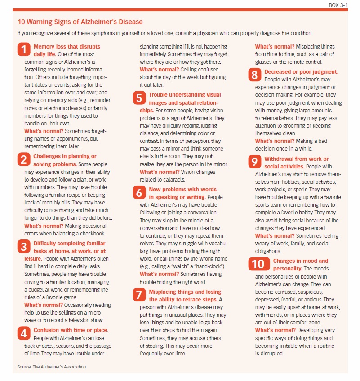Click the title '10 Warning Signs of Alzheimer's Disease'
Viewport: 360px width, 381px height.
coord(80,22)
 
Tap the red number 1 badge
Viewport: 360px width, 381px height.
coord(24,49)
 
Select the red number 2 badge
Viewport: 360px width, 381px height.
coord(24,159)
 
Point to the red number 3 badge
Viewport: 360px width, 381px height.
coord(24,247)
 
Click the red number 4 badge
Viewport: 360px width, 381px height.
coord(24,333)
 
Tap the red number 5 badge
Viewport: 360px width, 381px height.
coord(139,98)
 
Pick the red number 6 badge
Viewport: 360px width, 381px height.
coord(139,193)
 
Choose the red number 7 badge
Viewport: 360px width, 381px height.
coord(139,295)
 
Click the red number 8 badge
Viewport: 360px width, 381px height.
coord(255,75)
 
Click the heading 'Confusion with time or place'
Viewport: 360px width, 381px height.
coord(71,330)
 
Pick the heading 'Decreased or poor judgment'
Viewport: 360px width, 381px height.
coord(301,72)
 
